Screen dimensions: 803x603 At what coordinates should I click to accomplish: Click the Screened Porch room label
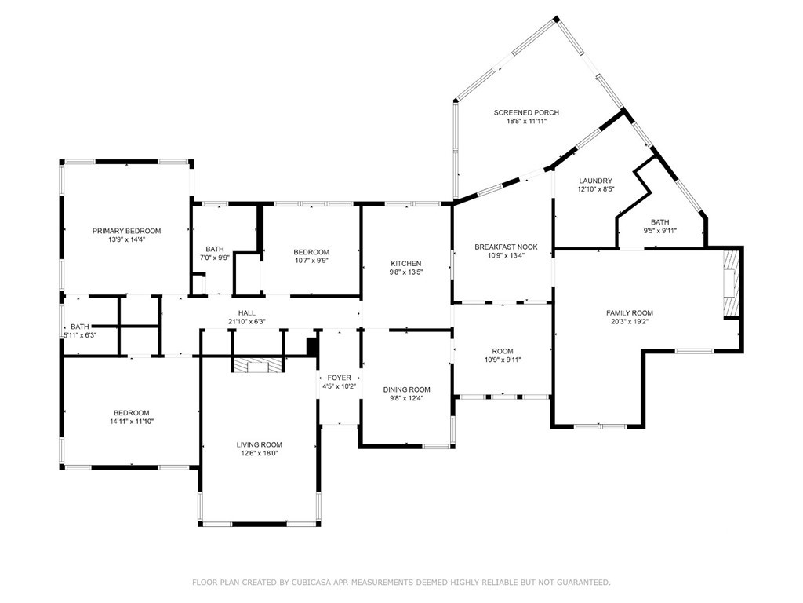[x=526, y=112]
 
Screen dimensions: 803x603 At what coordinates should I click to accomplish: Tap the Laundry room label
[x=596, y=181]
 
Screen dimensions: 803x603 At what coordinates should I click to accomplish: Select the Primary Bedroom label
[x=126, y=231]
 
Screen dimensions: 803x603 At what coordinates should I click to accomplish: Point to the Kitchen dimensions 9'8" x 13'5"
[x=406, y=272]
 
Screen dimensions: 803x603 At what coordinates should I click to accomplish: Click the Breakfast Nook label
[x=506, y=247]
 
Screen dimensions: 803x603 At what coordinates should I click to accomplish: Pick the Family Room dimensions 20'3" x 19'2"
[x=630, y=321]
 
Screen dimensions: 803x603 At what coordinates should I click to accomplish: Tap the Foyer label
[x=339, y=378]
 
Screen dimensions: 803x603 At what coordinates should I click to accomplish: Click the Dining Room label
[x=407, y=389]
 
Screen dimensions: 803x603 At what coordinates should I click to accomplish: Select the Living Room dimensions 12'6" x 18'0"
[x=259, y=453]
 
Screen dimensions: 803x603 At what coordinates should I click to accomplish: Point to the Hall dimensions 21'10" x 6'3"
[x=247, y=321]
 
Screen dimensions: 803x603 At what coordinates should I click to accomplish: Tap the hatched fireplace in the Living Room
[x=257, y=365]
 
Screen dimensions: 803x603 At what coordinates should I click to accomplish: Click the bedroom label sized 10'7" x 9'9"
[x=311, y=252]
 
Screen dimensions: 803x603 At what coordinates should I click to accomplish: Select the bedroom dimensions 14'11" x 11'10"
[x=132, y=422]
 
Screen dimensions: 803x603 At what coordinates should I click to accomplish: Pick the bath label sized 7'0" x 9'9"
[x=215, y=249]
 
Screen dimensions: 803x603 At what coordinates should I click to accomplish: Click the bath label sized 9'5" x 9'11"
[x=660, y=222]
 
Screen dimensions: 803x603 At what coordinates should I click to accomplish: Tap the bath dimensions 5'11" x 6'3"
[x=80, y=334]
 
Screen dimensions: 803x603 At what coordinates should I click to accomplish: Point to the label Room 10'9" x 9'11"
[x=503, y=356]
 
